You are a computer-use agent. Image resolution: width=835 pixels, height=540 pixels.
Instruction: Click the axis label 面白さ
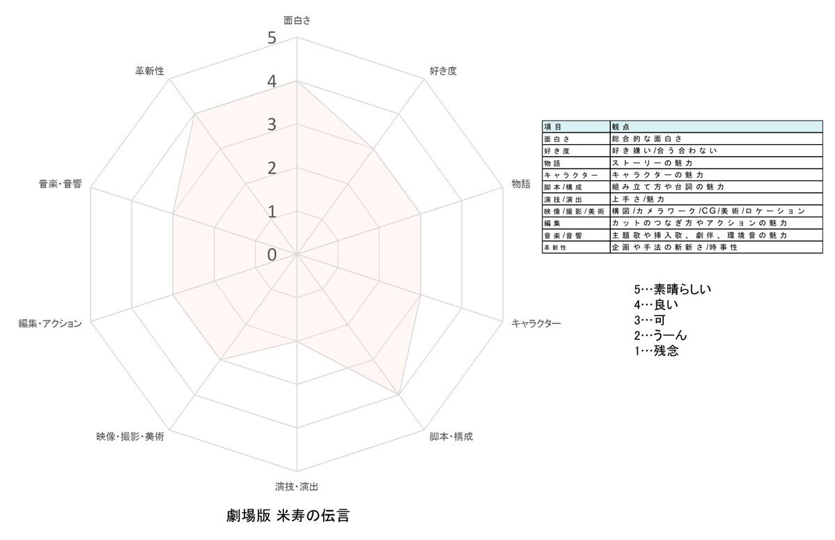pyautogui.click(x=297, y=20)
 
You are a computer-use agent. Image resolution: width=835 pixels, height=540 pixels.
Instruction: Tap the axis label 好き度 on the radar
pyautogui.click(x=443, y=71)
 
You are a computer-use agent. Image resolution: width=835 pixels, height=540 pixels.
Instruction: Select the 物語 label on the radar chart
pyautogui.click(x=521, y=184)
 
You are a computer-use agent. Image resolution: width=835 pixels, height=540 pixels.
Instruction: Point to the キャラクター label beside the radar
pyautogui.click(x=536, y=323)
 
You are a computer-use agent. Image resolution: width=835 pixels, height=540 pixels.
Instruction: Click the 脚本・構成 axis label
pyautogui.click(x=451, y=437)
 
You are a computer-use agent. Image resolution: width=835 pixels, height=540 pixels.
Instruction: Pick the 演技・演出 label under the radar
pyautogui.click(x=297, y=487)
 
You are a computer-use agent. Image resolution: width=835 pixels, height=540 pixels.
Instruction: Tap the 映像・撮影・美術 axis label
pyautogui.click(x=130, y=437)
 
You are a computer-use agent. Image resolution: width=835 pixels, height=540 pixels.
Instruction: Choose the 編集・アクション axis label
pyautogui.click(x=50, y=323)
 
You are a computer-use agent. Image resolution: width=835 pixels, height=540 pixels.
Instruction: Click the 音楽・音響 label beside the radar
pyautogui.click(x=60, y=184)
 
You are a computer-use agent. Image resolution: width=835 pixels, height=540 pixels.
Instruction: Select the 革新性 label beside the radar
pyautogui.click(x=150, y=71)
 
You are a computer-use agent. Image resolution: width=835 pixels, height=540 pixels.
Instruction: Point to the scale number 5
pyautogui.click(x=272, y=38)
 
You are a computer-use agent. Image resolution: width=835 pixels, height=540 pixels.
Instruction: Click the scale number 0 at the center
pyautogui.click(x=272, y=255)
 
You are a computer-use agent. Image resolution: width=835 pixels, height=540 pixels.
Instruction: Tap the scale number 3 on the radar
pyautogui.click(x=272, y=125)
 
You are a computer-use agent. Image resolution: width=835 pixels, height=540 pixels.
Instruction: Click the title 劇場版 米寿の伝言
pyautogui.click(x=288, y=516)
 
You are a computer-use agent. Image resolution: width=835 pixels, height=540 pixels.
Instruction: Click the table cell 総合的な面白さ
pyautogui.click(x=647, y=139)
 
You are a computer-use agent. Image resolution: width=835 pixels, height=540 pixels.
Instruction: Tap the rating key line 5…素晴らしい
pyautogui.click(x=673, y=289)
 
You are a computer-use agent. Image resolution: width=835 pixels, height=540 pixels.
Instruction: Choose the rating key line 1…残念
pyautogui.click(x=656, y=351)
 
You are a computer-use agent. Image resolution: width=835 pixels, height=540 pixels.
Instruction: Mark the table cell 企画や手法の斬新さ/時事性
pyautogui.click(x=675, y=247)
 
